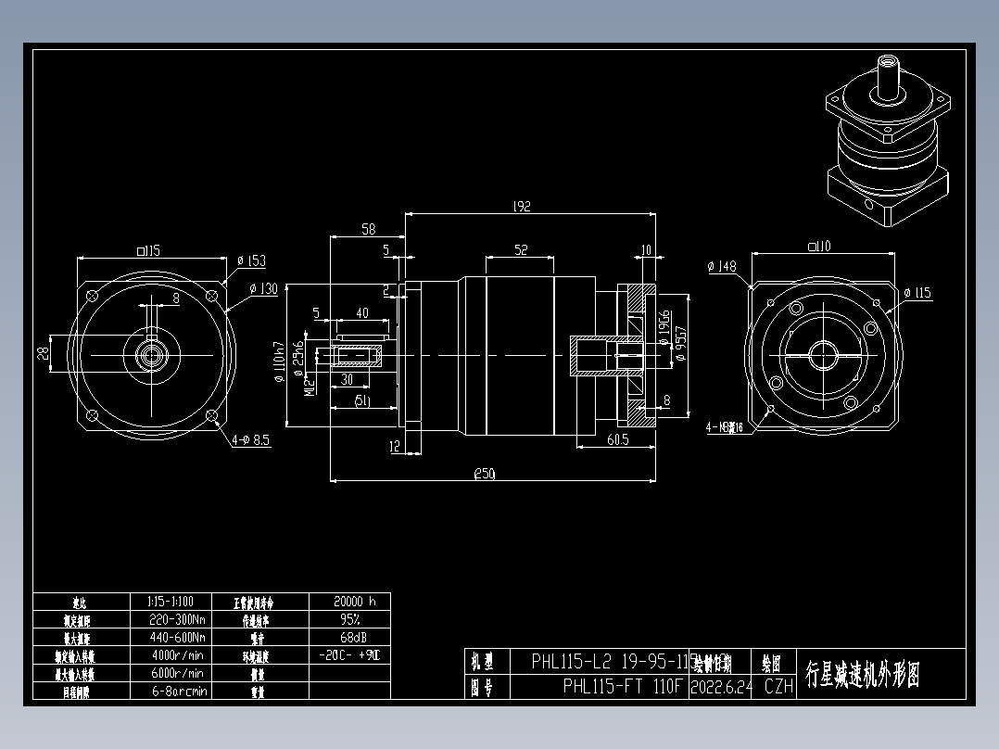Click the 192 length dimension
click(x=521, y=207)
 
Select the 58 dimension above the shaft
click(x=368, y=228)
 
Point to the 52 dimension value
click(x=521, y=249)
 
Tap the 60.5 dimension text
click(x=616, y=439)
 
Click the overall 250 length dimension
click(x=484, y=474)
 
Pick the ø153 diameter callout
click(x=251, y=261)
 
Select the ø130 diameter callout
click(x=264, y=289)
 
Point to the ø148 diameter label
click(x=721, y=267)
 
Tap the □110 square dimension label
click(x=818, y=247)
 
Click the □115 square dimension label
click(x=148, y=250)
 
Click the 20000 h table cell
click(x=348, y=601)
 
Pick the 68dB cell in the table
click(x=348, y=637)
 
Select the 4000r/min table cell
click(x=176, y=655)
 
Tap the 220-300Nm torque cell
click(x=176, y=619)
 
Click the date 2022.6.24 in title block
click(x=721, y=687)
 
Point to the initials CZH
click(x=778, y=687)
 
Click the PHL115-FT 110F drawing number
click(x=622, y=687)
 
